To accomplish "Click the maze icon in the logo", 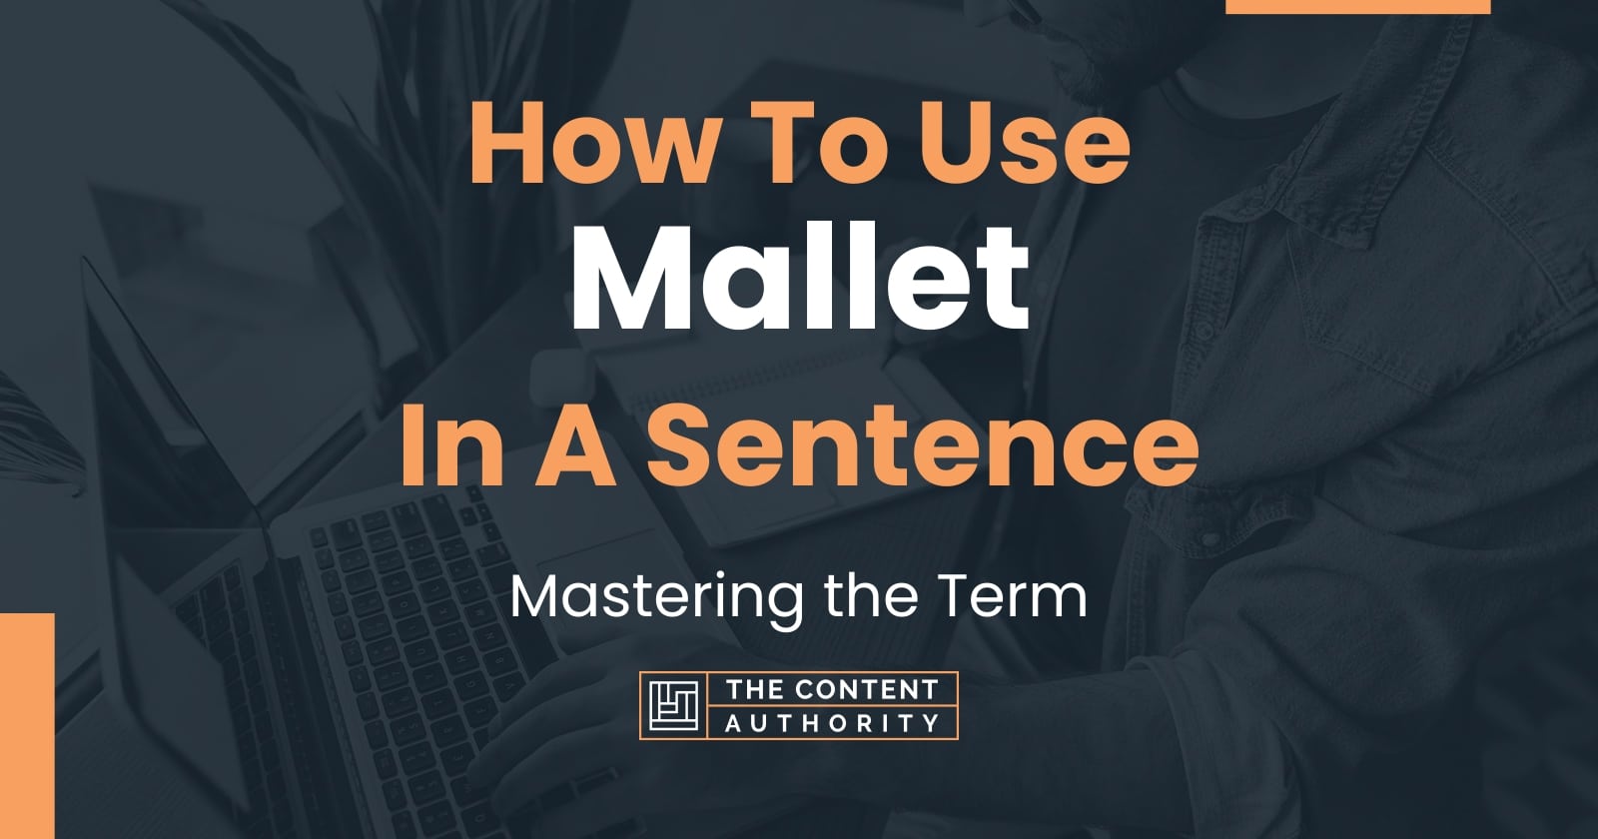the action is coord(673,706).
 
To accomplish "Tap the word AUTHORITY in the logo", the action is coord(832,723).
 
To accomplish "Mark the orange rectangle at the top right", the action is coord(1357,6).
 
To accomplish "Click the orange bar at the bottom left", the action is coord(27,725).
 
